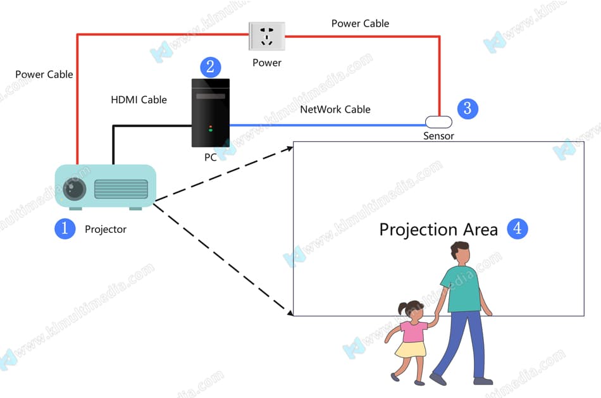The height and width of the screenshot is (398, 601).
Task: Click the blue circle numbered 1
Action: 65,228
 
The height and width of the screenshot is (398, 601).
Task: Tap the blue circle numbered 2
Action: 210,67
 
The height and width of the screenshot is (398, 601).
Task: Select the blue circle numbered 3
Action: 467,108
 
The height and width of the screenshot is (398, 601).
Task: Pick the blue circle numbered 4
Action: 517,228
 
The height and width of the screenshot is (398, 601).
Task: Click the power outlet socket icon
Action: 266,37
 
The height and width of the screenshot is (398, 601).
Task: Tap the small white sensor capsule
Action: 438,120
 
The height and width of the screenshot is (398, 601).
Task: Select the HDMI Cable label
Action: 139,99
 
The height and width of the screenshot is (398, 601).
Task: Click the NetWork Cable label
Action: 335,109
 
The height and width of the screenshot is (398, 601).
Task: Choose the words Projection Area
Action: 438,229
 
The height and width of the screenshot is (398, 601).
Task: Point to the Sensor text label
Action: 438,136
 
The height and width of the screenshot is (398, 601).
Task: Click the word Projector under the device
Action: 106,229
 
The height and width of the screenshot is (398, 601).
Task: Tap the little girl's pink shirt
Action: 412,332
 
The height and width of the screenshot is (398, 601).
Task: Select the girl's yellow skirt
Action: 411,349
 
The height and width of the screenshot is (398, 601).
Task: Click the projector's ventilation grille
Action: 121,189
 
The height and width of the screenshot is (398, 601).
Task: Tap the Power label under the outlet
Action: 266,63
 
